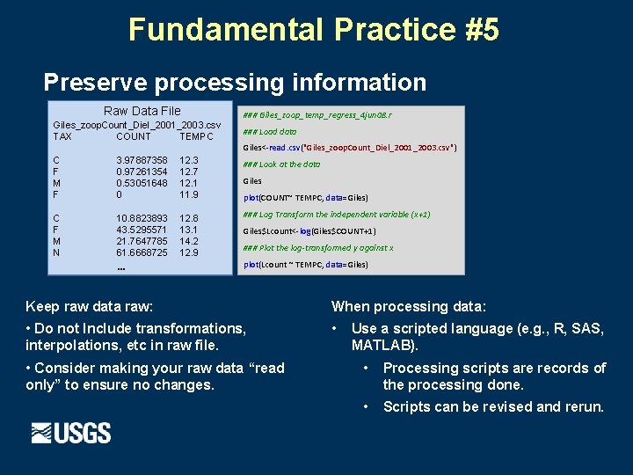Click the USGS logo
pos(71,433)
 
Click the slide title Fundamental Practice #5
pos(314,29)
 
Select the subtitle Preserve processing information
pos(235,83)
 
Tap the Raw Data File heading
pos(142,111)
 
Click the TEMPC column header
pos(196,136)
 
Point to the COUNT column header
pos(134,136)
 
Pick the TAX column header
pos(62,136)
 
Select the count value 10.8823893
pos(142,218)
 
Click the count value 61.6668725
pos(142,252)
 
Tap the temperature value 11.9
pos(189,194)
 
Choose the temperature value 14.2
pos(189,241)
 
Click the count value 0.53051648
pos(142,183)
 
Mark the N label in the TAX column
pos(57,252)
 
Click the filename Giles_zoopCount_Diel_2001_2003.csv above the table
pos(137,125)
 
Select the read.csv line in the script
pos(349,147)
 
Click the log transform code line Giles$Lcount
pos(297,231)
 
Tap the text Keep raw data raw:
pos(90,306)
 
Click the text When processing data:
pos(408,306)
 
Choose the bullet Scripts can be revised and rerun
pos(493,406)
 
